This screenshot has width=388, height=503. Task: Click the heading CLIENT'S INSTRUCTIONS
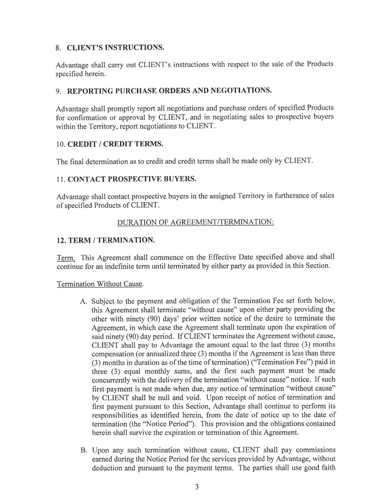tap(116, 48)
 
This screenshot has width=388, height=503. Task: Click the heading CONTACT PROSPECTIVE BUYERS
tap(132, 179)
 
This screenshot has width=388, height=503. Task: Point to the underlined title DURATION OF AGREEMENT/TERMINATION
tap(196, 222)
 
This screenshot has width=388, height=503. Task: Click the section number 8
tap(58, 48)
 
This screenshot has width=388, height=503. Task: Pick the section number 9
tap(58, 90)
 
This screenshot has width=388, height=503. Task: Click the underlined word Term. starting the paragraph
tap(66, 257)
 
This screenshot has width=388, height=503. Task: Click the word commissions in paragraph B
tap(311, 450)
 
